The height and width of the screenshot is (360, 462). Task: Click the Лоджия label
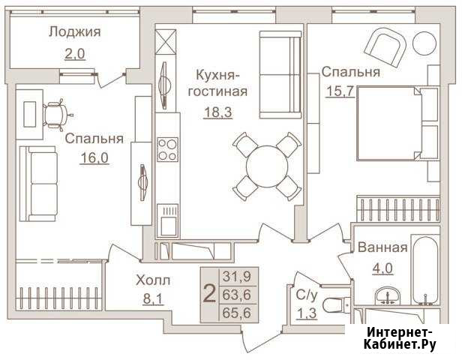pyautogui.click(x=75, y=32)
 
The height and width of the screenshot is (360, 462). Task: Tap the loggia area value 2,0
pyautogui.click(x=75, y=54)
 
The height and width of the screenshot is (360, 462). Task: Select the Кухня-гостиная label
pyautogui.click(x=217, y=83)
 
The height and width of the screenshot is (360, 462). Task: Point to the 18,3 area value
pyautogui.click(x=217, y=112)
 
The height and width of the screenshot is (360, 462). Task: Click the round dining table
pyautogui.click(x=267, y=166)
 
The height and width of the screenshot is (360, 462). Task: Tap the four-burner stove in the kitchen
pyautogui.click(x=167, y=149)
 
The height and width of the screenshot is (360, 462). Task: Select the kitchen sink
pyautogui.click(x=167, y=220)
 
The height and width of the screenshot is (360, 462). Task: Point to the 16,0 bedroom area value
pyautogui.click(x=94, y=158)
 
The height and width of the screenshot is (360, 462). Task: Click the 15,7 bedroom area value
pyautogui.click(x=340, y=91)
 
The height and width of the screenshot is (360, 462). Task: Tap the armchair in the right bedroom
pyautogui.click(x=385, y=47)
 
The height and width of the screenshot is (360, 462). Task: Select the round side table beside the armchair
pyautogui.click(x=424, y=43)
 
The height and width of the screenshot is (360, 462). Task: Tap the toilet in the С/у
pyautogui.click(x=337, y=305)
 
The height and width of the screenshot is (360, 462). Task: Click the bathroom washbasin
pyautogui.click(x=388, y=295)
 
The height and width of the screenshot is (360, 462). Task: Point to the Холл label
pyautogui.click(x=153, y=280)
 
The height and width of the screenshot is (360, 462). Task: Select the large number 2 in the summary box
pyautogui.click(x=209, y=294)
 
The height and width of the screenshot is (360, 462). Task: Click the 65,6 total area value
pyautogui.click(x=236, y=313)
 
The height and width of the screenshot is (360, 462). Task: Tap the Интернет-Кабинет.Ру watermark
pyautogui.click(x=400, y=338)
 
